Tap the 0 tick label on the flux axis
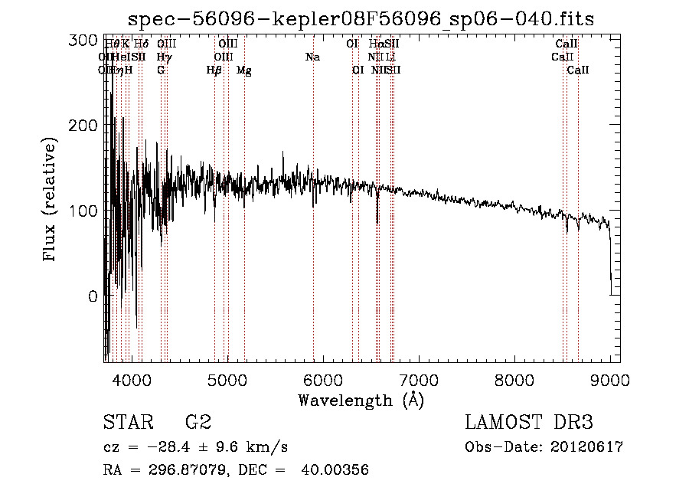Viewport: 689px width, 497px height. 93,296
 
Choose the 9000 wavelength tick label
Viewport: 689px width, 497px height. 610,378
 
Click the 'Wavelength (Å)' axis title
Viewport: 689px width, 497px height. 361,400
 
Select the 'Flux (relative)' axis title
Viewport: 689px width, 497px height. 51,201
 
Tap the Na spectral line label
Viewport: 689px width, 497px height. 312,57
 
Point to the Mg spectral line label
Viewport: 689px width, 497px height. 243,70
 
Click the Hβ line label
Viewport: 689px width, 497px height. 214,70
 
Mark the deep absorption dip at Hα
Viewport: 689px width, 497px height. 377,218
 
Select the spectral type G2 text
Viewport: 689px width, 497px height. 198,422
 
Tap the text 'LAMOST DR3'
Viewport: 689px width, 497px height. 529,422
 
